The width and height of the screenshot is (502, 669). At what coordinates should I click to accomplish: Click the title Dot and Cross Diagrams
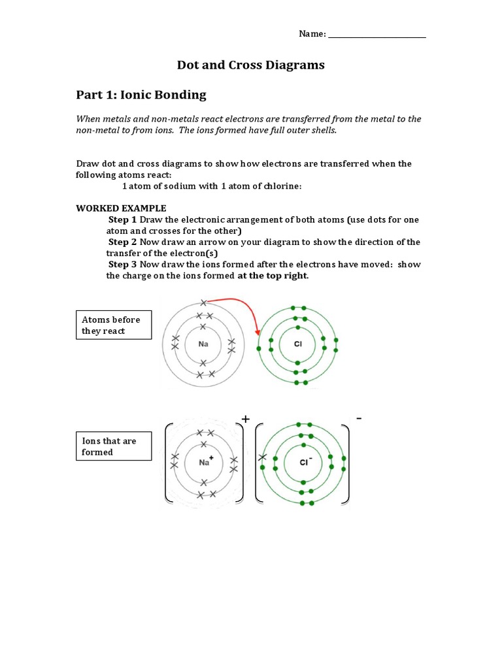[251, 65]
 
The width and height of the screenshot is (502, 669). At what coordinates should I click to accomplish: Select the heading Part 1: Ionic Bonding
[141, 95]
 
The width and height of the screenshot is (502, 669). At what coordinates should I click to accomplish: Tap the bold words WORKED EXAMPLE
[112, 208]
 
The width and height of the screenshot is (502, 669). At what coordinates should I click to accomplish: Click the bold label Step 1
[123, 220]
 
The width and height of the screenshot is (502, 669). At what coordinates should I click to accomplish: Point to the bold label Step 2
[123, 242]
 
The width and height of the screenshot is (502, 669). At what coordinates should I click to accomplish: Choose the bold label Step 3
[123, 265]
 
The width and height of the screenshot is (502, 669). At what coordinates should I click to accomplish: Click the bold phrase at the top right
[273, 276]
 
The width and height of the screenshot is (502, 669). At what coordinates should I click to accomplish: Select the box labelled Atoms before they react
[114, 325]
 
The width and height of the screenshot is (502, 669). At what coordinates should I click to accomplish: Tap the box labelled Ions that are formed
[114, 446]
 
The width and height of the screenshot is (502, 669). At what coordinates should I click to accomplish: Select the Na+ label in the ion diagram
[205, 461]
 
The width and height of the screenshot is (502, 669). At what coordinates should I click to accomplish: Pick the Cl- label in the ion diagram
[305, 462]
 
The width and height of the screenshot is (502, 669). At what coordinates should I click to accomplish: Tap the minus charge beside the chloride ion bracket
[359, 417]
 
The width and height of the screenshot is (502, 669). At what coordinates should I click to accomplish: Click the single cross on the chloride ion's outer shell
[263, 457]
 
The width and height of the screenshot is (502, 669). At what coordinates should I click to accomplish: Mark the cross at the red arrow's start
[204, 302]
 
